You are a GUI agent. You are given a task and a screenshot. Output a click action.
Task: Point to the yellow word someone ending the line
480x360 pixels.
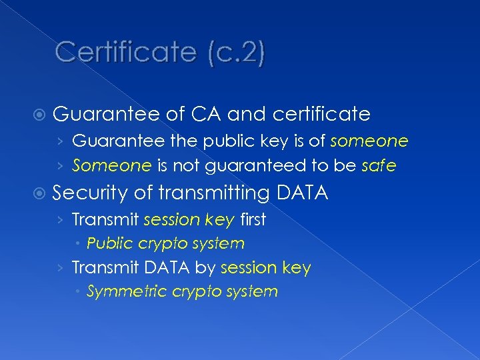pos(369,141)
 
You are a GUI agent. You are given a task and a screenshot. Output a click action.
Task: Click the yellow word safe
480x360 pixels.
pos(379,165)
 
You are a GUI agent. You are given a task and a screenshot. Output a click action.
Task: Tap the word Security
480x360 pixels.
pos(90,193)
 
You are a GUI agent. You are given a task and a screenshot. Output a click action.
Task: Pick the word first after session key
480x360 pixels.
pos(252,219)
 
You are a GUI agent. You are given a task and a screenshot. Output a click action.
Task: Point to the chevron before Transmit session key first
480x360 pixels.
pos(61,220)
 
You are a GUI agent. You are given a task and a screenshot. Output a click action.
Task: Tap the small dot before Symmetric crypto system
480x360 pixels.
pos(79,292)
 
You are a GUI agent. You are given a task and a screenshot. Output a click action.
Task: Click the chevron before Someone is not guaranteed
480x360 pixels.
pos(61,165)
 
